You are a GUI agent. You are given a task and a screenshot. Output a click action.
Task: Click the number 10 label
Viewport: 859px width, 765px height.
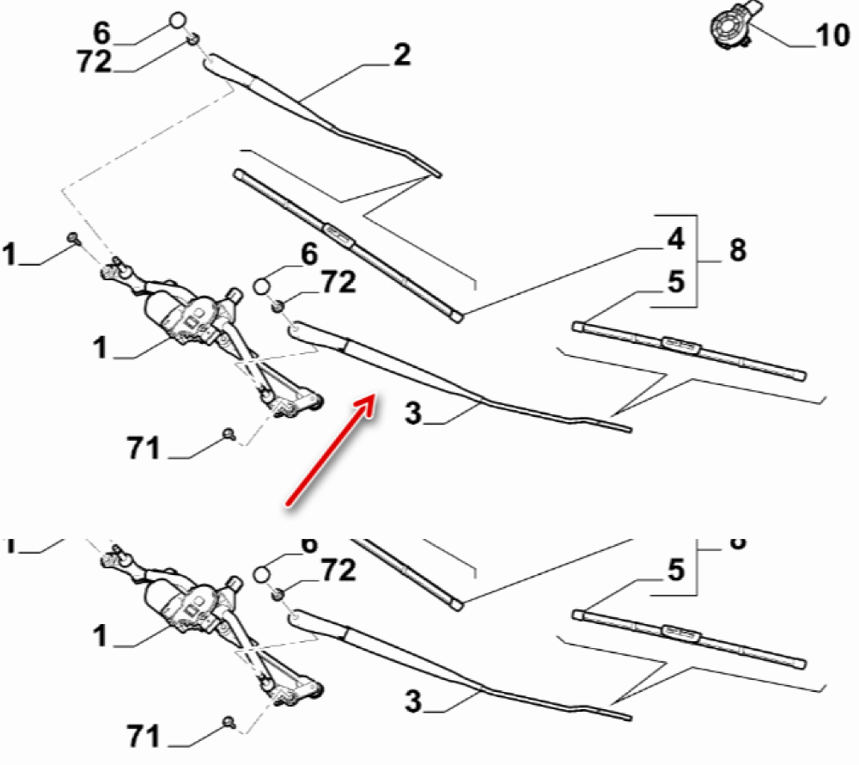click(x=831, y=38)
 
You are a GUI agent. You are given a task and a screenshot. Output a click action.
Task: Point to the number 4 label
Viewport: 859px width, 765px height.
click(x=676, y=239)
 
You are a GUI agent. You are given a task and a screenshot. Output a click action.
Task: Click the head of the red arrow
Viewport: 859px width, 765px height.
click(x=375, y=398)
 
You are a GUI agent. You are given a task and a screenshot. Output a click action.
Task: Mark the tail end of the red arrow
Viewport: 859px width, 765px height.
click(x=288, y=502)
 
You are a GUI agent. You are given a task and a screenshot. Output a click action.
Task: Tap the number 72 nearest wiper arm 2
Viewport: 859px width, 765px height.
click(x=94, y=62)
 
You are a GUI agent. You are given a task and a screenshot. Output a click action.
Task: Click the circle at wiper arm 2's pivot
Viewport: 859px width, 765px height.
click(x=177, y=21)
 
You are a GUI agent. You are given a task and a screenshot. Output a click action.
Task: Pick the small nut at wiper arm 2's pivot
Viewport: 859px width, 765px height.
click(x=195, y=39)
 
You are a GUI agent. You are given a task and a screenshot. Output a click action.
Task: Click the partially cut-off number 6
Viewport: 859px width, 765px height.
click(x=309, y=544)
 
